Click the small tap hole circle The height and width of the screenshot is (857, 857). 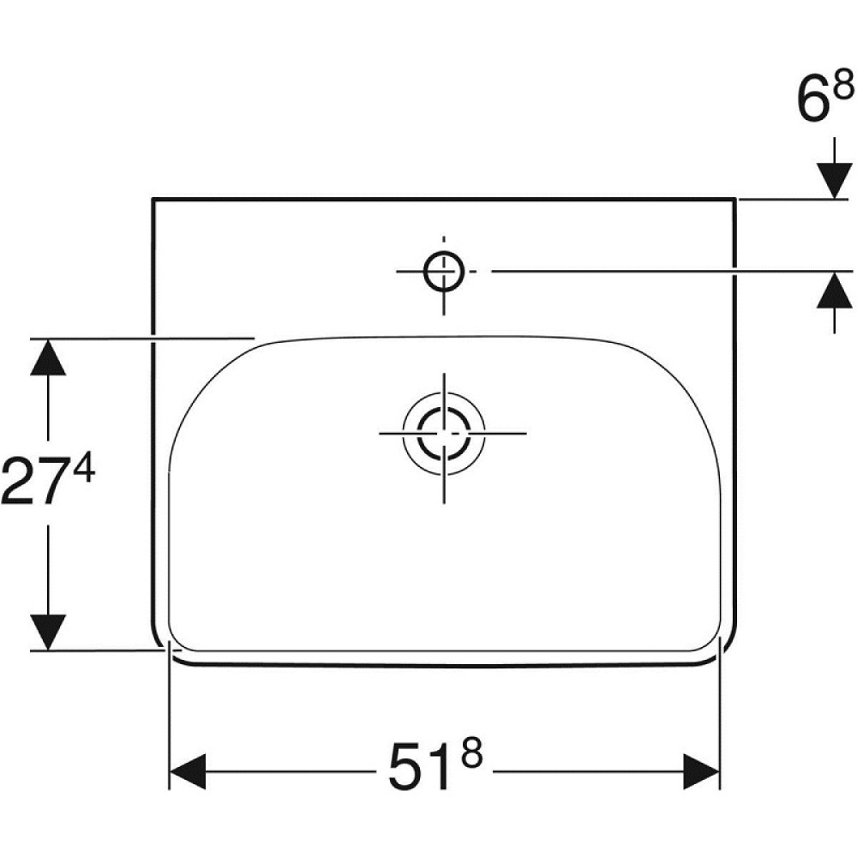point(443,271)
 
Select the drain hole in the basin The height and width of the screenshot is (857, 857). point(443,433)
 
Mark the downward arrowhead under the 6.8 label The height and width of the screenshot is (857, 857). point(835,179)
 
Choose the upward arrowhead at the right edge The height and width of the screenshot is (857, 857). point(835,291)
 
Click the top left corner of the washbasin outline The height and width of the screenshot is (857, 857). point(152,200)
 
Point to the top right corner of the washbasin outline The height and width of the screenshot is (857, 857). point(734,200)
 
